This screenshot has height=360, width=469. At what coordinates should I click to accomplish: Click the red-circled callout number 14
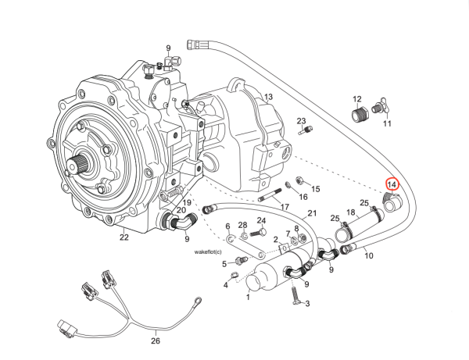coord(392,184)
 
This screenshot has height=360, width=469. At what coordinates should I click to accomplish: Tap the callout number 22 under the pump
coord(124,237)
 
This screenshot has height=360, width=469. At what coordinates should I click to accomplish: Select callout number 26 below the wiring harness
coord(155,340)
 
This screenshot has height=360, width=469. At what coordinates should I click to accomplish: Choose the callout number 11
coord(386,123)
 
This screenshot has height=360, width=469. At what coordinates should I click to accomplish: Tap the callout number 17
coord(285,207)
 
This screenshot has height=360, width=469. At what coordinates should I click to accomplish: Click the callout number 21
coord(311,214)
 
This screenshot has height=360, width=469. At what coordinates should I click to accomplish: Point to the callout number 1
coord(249,297)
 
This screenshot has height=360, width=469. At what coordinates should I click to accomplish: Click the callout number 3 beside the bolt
coord(307,304)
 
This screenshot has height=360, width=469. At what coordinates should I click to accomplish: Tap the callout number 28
coord(242,225)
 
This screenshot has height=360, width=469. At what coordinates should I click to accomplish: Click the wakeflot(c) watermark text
coord(209,252)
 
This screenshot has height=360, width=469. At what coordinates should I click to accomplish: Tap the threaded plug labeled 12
coord(360,116)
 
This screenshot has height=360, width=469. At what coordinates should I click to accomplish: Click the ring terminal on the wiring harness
coord(199,298)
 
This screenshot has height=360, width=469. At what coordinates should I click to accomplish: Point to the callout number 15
coord(316,189)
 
